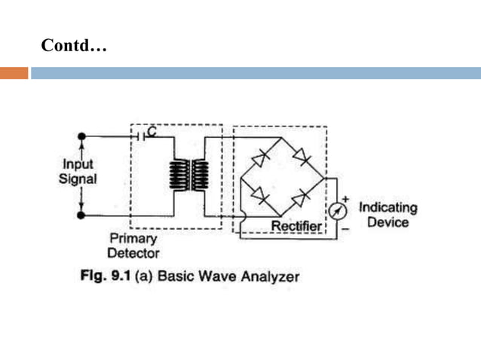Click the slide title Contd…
click(x=75, y=46)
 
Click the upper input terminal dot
click(x=81, y=136)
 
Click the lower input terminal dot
click(x=81, y=215)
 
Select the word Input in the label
click(x=78, y=165)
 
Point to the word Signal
click(x=78, y=179)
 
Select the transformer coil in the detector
click(x=188, y=176)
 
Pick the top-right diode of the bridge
click(x=302, y=157)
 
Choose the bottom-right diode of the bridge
click(x=301, y=198)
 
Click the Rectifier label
click(x=296, y=226)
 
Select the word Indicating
click(x=388, y=207)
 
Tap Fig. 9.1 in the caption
click(x=106, y=276)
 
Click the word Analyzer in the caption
click(x=271, y=276)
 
